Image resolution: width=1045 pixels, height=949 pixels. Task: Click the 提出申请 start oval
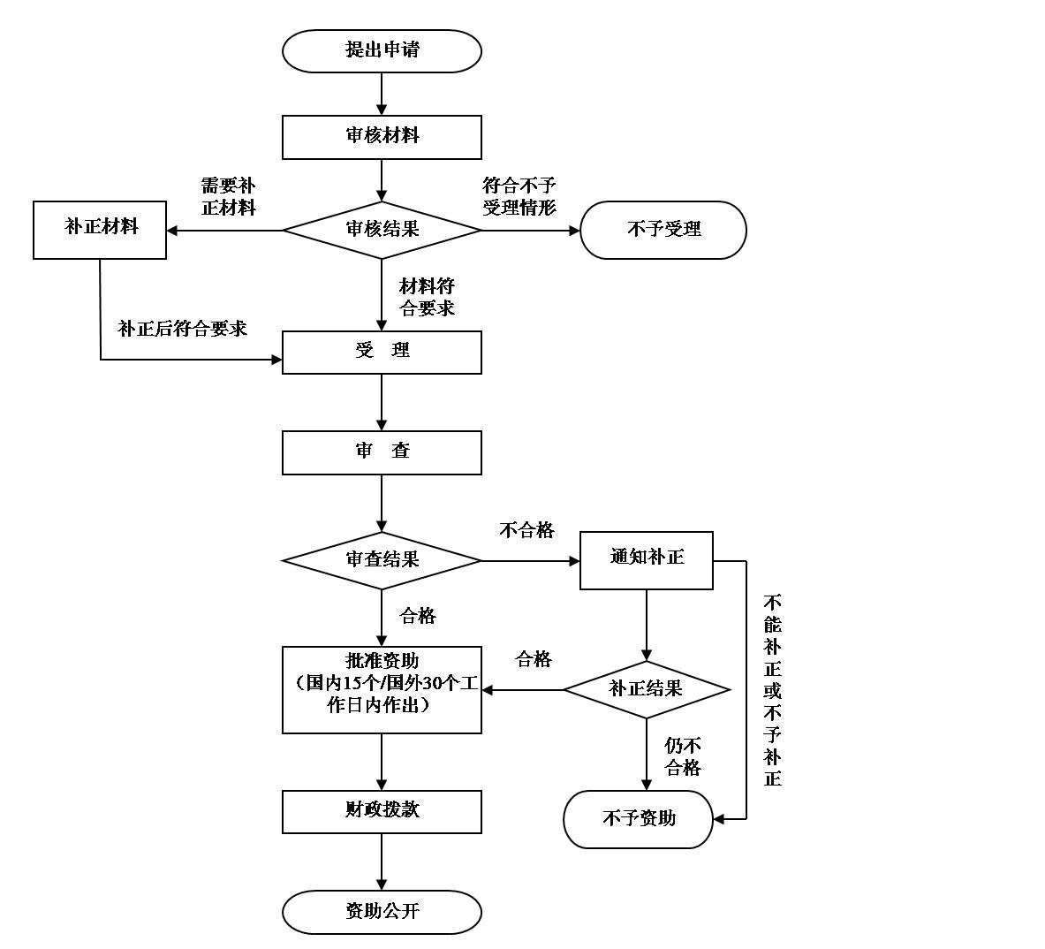[382, 51]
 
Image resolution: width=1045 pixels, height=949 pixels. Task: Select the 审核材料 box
[382, 137]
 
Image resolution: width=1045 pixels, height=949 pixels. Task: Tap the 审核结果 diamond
[382, 230]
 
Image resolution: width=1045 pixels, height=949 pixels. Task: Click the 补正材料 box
[100, 230]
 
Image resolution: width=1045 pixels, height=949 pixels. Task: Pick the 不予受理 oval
[663, 230]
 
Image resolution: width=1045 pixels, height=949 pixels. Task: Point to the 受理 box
[382, 352]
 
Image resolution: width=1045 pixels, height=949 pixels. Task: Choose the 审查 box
[382, 452]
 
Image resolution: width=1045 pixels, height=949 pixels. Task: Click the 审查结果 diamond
[382, 560]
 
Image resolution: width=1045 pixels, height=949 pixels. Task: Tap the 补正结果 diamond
[647, 689]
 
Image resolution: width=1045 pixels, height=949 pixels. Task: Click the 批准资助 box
[382, 689]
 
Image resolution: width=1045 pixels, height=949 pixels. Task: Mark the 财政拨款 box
[382, 811]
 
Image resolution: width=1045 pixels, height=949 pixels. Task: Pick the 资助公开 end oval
[382, 912]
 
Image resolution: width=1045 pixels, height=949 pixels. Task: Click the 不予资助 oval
[638, 819]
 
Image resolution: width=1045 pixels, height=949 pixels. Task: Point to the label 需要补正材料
[228, 197]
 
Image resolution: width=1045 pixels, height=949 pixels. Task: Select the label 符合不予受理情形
[519, 197]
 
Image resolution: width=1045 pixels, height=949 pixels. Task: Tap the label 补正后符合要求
[183, 330]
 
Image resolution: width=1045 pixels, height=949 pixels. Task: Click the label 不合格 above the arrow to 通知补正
[526, 530]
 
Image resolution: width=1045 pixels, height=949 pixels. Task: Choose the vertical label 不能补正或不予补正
[773, 690]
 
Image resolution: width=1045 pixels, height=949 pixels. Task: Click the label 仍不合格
[683, 757]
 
